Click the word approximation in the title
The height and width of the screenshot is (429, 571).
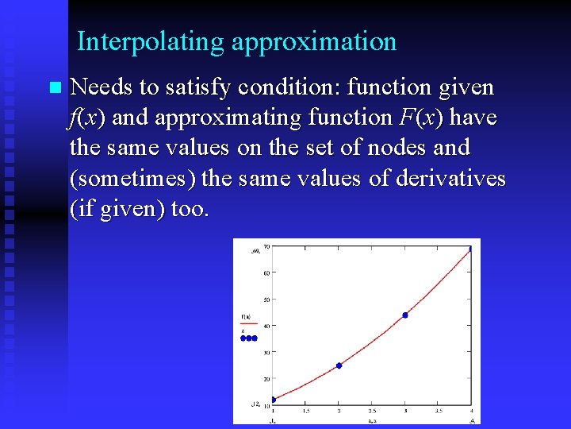coord(314,41)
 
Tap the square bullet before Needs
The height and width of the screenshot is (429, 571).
coord(53,87)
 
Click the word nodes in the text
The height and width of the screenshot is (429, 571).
coord(404,147)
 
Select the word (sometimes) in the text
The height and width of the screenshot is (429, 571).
coord(133,178)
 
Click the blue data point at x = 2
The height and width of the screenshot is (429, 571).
coord(339,365)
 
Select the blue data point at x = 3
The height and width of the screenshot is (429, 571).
coord(405,315)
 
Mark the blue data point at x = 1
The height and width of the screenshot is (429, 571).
coord(274,400)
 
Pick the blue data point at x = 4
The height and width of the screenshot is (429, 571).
coord(470,249)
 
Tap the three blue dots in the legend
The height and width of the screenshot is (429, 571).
coord(248,338)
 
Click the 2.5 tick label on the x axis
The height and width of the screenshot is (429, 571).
coord(372,411)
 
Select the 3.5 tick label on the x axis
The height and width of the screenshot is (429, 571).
coord(438,411)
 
